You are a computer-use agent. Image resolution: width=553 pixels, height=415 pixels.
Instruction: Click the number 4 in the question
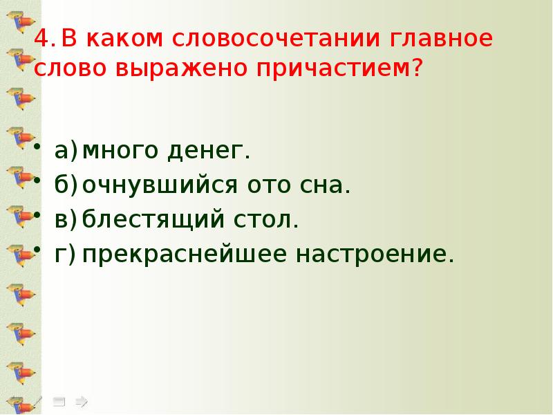pyautogui.click(x=41, y=39)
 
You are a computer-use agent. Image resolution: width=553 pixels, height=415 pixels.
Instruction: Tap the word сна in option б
pyautogui.click(x=323, y=186)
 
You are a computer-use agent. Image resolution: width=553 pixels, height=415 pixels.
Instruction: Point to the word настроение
pyautogui.click(x=375, y=255)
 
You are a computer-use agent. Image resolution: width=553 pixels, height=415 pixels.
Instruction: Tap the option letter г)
pyautogui.click(x=64, y=255)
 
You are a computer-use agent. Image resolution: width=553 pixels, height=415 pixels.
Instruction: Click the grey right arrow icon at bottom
pyautogui.click(x=81, y=400)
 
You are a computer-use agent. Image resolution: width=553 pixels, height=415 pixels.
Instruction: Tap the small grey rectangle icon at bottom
pyautogui.click(x=60, y=400)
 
